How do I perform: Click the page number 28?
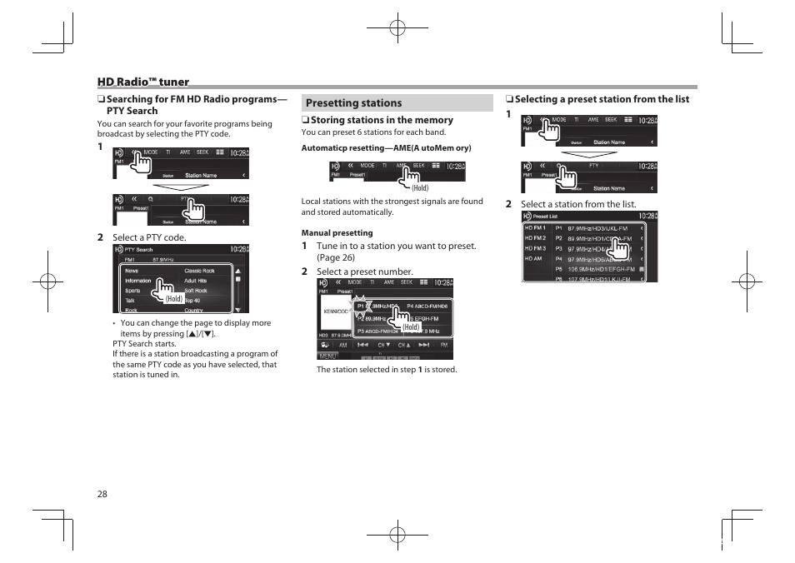click(102, 494)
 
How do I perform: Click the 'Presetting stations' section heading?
click(353, 103)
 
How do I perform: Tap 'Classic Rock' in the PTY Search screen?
click(199, 271)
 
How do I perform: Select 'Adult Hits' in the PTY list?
click(196, 281)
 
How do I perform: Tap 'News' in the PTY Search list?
click(132, 271)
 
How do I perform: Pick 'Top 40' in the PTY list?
click(192, 300)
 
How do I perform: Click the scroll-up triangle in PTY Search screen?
click(237, 270)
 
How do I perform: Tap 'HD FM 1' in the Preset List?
click(535, 227)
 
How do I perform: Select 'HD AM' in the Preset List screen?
click(532, 258)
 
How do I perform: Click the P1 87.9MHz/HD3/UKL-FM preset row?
click(597, 227)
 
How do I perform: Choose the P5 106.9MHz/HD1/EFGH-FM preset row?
click(597, 269)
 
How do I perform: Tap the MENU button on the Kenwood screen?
click(328, 356)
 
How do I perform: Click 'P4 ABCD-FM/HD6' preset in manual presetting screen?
click(427, 306)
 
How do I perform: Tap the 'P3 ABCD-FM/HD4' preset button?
click(377, 331)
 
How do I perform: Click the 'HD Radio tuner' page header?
click(142, 82)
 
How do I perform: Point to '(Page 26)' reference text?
click(335, 257)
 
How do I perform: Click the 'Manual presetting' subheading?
click(337, 233)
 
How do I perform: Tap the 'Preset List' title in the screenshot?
click(545, 216)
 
